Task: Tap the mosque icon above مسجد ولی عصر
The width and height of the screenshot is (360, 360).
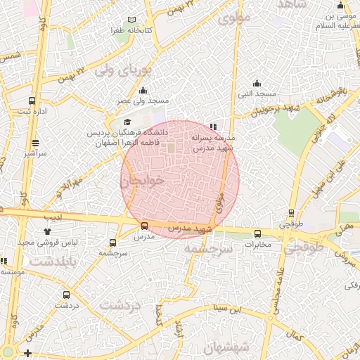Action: point(143,90)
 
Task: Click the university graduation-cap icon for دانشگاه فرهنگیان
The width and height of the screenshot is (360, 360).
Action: point(127,122)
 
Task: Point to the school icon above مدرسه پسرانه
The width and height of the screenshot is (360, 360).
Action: point(214,127)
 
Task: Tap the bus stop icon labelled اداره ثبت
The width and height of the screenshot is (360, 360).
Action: point(32,101)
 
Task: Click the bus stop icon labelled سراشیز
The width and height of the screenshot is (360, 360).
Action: point(32,141)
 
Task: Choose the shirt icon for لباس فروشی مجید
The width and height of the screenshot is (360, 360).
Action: point(47,231)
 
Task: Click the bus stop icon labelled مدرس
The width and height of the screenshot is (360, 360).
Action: point(144,226)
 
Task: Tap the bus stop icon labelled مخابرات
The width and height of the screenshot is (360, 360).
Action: point(257,233)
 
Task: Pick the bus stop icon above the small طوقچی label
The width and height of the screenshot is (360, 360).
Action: point(292,214)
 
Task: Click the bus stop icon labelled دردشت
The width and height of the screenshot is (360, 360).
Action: point(66,295)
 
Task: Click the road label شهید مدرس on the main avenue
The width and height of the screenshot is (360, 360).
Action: point(189,229)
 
